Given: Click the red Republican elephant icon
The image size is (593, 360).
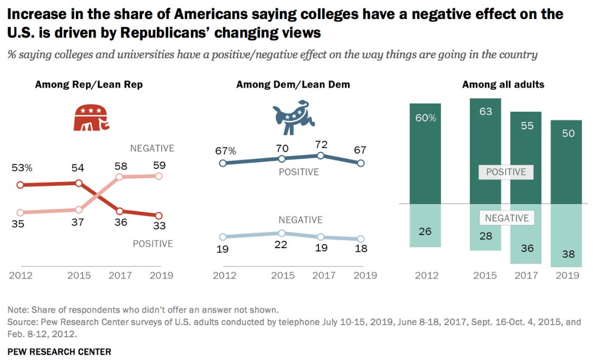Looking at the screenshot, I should (x=91, y=117).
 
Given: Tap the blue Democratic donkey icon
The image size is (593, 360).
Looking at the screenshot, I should (x=292, y=116).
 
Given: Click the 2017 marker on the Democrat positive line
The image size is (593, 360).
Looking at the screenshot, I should (x=321, y=155).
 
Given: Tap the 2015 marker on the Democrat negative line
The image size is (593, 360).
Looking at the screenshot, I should (x=281, y=232).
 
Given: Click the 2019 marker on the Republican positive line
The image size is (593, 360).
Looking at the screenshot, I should (x=158, y=216).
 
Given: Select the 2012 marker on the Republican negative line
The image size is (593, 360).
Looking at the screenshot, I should (x=21, y=212).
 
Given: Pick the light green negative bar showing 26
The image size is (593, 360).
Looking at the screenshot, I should (x=425, y=225).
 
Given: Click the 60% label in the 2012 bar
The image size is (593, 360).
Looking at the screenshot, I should (x=425, y=118).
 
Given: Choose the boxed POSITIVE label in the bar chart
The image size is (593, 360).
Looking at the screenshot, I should (x=506, y=172).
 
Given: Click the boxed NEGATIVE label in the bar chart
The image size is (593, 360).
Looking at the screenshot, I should (x=507, y=218).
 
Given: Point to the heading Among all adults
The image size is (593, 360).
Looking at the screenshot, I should (x=503, y=84).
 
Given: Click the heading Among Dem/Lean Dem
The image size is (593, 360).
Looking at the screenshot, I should (x=293, y=84).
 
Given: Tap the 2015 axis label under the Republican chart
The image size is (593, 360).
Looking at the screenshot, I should (x=79, y=275).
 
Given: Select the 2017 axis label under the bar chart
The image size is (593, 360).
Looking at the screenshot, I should (x=526, y=275).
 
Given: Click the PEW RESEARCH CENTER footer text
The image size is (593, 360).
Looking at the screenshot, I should (x=59, y=351).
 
